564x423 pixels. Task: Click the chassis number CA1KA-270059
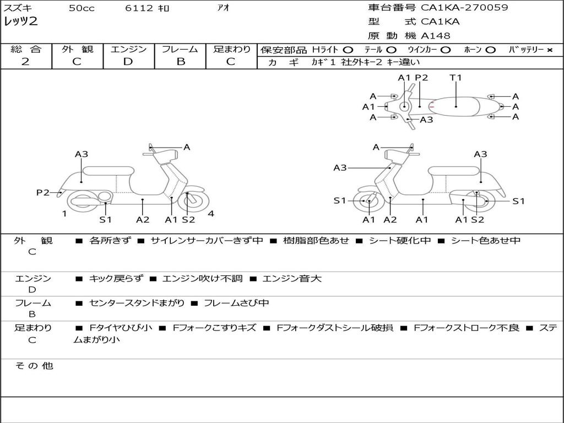click(x=464, y=8)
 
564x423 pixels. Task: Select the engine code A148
click(x=436, y=36)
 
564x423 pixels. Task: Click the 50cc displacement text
click(x=80, y=8)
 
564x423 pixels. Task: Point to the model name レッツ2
click(x=20, y=22)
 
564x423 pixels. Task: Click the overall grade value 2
click(x=25, y=62)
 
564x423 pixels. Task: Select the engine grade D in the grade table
click(x=128, y=62)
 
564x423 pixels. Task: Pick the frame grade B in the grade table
click(x=180, y=62)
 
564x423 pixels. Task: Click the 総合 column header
click(x=26, y=50)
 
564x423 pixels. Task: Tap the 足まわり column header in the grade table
click(x=232, y=50)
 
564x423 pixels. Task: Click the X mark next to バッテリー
click(x=549, y=50)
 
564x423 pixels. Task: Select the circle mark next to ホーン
click(x=490, y=50)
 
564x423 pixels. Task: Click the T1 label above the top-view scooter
click(x=455, y=78)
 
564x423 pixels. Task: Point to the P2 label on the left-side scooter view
click(x=43, y=192)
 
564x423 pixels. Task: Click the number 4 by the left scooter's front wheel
click(x=211, y=214)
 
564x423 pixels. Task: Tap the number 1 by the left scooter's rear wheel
click(x=64, y=214)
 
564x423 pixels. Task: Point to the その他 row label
click(x=33, y=366)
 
